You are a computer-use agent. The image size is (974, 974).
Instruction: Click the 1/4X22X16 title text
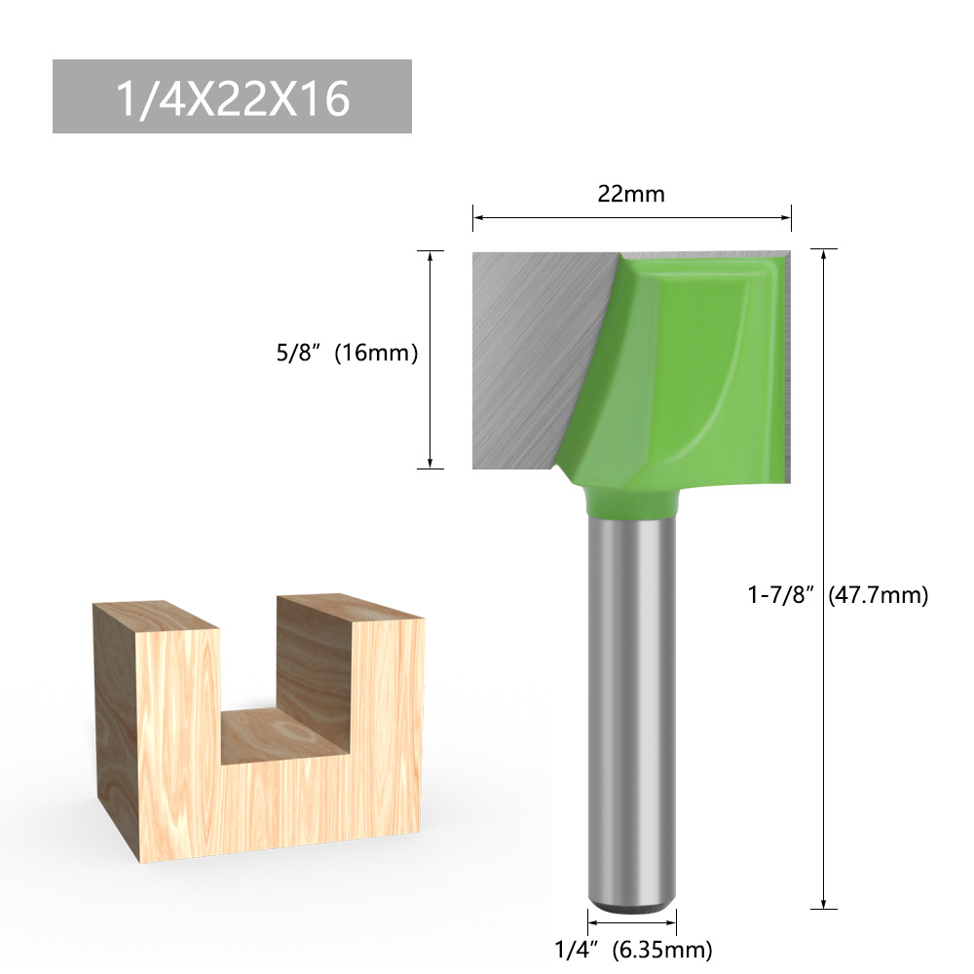(x=232, y=97)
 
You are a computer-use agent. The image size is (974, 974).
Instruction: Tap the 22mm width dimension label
(x=631, y=194)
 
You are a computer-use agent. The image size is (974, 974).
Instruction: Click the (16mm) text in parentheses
(x=376, y=354)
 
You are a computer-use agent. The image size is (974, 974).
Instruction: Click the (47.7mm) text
(x=878, y=594)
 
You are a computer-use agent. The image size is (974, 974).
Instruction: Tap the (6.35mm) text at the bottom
(x=661, y=948)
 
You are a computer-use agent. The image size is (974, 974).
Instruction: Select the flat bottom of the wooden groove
(x=282, y=735)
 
